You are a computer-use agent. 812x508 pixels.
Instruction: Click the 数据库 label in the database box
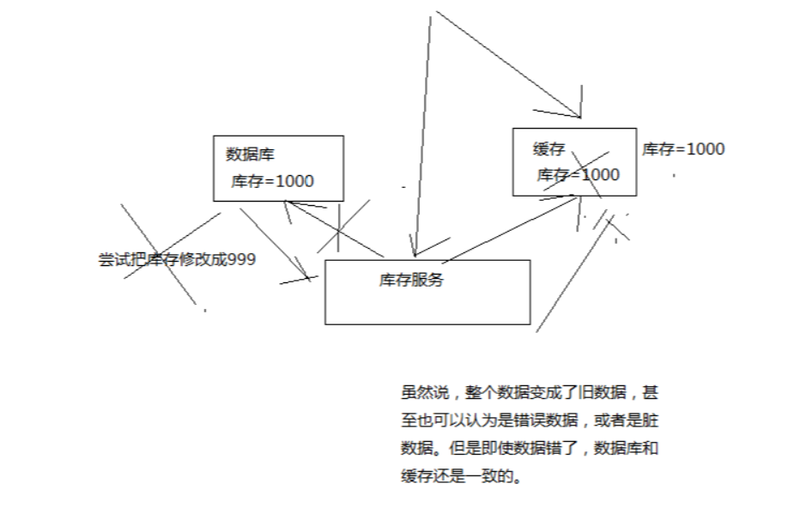click(x=250, y=154)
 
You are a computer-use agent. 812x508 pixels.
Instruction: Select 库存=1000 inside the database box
click(x=272, y=181)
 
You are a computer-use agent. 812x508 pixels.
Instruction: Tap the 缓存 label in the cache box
click(x=549, y=149)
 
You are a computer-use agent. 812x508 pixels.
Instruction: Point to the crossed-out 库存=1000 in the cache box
click(x=578, y=174)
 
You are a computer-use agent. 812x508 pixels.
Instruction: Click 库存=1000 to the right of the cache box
click(x=683, y=148)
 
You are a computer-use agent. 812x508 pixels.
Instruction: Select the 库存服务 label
click(x=411, y=280)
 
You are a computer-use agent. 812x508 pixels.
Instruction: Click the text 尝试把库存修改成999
click(x=177, y=259)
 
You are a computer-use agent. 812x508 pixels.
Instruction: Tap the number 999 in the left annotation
click(x=241, y=259)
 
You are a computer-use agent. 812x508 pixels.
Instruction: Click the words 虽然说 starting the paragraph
click(x=420, y=392)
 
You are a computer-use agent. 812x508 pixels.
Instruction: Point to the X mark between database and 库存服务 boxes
click(x=341, y=228)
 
